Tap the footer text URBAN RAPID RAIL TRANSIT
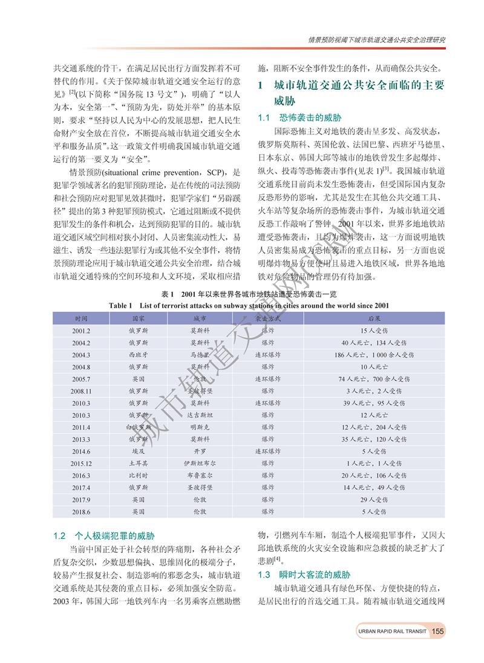point(392,632)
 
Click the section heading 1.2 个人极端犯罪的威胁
point(104,536)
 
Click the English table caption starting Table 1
point(249,305)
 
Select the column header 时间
point(81,318)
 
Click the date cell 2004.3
point(81,355)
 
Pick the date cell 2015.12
point(81,464)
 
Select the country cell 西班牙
point(137,355)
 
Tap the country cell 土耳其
point(137,464)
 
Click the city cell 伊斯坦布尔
point(200,464)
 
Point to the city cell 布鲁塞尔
point(200,476)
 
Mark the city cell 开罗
point(200,452)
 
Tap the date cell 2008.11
point(81,391)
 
